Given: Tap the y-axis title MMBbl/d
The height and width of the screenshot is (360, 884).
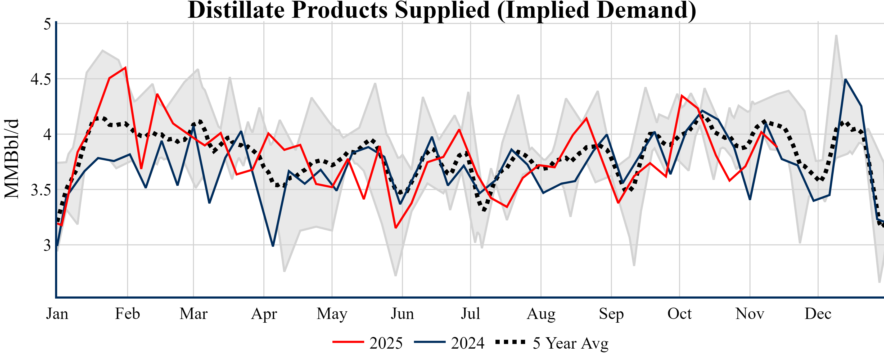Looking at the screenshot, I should pyautogui.click(x=12, y=159).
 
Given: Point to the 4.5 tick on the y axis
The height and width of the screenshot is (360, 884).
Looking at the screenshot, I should pyautogui.click(x=40, y=79).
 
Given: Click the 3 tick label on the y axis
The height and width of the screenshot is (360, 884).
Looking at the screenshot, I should pyautogui.click(x=47, y=245).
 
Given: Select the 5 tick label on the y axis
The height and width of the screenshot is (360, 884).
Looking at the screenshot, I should pyautogui.click(x=47, y=24).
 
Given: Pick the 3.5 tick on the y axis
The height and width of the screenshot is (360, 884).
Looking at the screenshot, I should pyautogui.click(x=40, y=190).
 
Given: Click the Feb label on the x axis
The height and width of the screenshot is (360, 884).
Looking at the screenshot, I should pyautogui.click(x=127, y=314).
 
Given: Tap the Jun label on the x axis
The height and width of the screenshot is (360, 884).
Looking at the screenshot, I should pyautogui.click(x=402, y=314).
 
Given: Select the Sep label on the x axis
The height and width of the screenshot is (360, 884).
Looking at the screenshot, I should pyautogui.click(x=611, y=314).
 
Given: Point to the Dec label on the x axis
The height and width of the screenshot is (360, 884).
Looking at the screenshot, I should pyautogui.click(x=818, y=314).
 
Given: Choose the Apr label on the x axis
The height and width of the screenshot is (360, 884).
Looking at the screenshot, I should pyautogui.click(x=264, y=314).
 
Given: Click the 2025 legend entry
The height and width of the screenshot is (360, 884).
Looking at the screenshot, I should pyautogui.click(x=368, y=343).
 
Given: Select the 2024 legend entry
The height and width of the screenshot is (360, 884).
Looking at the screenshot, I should pyautogui.click(x=449, y=343).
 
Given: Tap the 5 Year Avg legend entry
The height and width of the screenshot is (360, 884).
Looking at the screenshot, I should pyautogui.click(x=552, y=343).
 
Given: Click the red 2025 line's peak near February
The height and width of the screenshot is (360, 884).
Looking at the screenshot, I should pyautogui.click(x=126, y=67).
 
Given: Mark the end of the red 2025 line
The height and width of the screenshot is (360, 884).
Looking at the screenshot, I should pyautogui.click(x=777, y=147).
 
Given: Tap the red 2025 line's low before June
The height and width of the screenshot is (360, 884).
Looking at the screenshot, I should pyautogui.click(x=396, y=228).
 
